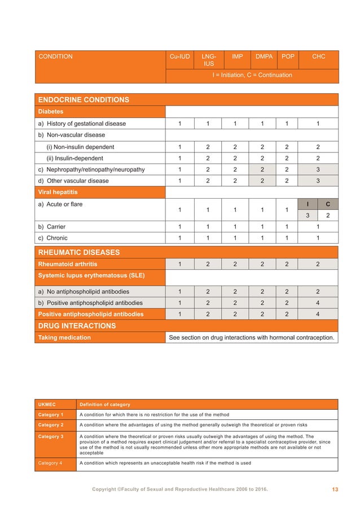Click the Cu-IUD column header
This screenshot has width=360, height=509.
pos(179,56)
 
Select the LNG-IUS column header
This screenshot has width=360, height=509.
pos(208,60)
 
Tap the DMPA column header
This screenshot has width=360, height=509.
pos(264,56)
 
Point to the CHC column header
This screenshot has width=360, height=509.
pos(318,56)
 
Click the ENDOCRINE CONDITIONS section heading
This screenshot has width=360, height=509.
pos(83,100)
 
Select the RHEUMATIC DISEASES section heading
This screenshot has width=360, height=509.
pos(80,252)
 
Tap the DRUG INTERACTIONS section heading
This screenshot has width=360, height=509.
pos(77,326)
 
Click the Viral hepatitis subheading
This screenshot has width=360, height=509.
pos(58,192)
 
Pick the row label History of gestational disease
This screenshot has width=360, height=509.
pos(82,124)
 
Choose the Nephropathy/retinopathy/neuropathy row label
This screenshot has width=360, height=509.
pos(91,169)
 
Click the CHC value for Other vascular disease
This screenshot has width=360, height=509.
pos(318,181)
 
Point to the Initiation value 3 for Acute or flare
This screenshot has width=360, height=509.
pos(307,215)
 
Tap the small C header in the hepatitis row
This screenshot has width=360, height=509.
pos(328,204)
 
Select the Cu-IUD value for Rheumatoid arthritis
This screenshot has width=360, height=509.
pos(179,264)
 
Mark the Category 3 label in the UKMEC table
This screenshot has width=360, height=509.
pos(51,436)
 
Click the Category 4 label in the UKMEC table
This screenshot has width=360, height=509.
pos(51,463)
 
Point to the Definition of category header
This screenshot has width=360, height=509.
pos(105,405)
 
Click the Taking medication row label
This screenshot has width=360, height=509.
pos(64,338)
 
